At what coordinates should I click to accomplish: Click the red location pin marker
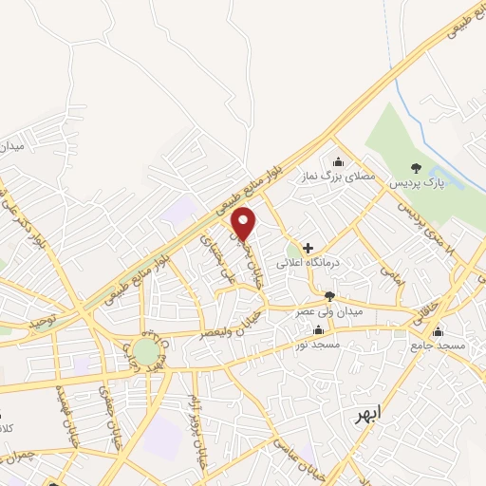(245, 224)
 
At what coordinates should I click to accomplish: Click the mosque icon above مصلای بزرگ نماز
(339, 161)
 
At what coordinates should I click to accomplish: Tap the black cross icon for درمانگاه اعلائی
(308, 247)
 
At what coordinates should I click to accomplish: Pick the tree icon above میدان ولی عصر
(329, 297)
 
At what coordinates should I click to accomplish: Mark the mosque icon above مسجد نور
(317, 330)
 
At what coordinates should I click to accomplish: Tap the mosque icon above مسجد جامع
(438, 332)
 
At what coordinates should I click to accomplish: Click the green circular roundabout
(146, 352)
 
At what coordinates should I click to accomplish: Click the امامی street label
(390, 276)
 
